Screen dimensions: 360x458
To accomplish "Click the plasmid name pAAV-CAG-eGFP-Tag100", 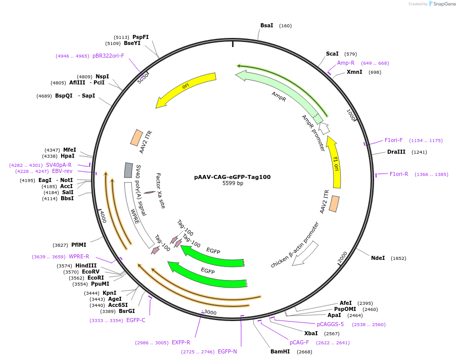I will (x=233, y=177).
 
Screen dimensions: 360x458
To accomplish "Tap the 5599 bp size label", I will (x=233, y=184).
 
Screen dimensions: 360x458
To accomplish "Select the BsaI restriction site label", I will (x=266, y=25).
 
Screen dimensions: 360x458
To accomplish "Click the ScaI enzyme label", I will (x=332, y=54).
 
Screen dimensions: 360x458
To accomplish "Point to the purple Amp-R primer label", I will (x=346, y=63).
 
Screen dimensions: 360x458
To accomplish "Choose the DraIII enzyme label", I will (x=396, y=152).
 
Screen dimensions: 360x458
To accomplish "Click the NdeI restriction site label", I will (x=378, y=258).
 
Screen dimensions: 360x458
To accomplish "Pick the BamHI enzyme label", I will (x=280, y=351).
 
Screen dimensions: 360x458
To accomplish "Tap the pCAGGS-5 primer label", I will (x=330, y=324).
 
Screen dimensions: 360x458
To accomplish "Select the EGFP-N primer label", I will (x=227, y=351).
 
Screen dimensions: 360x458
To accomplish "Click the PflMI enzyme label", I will (x=78, y=245).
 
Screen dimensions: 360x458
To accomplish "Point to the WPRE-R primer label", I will (x=79, y=256).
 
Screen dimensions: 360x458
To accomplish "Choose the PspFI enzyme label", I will (x=141, y=37).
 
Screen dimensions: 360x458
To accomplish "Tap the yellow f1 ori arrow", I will (x=335, y=162).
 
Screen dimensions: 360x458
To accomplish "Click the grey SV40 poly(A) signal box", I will (x=128, y=170).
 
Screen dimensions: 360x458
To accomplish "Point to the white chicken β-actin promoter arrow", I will (x=305, y=253).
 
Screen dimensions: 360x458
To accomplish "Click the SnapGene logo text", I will (x=444, y=4).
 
